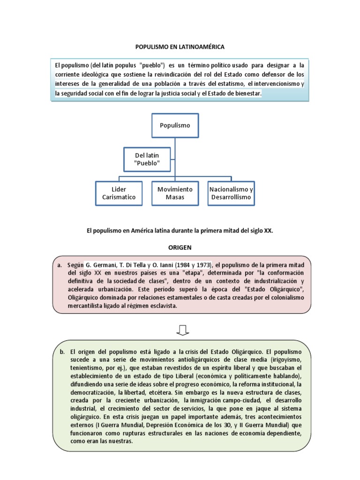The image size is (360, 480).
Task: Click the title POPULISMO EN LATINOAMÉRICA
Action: tap(180, 47)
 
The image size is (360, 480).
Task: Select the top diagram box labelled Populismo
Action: tap(175, 125)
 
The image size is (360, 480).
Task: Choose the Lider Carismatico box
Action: tap(119, 193)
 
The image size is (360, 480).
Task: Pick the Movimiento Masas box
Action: tap(175, 193)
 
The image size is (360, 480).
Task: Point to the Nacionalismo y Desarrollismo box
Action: tap(231, 193)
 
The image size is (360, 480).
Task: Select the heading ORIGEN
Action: tap(180, 247)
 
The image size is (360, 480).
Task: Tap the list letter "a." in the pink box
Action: tap(59, 265)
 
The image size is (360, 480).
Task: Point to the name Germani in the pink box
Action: tap(104, 265)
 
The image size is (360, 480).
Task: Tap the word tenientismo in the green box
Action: tap(87, 368)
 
